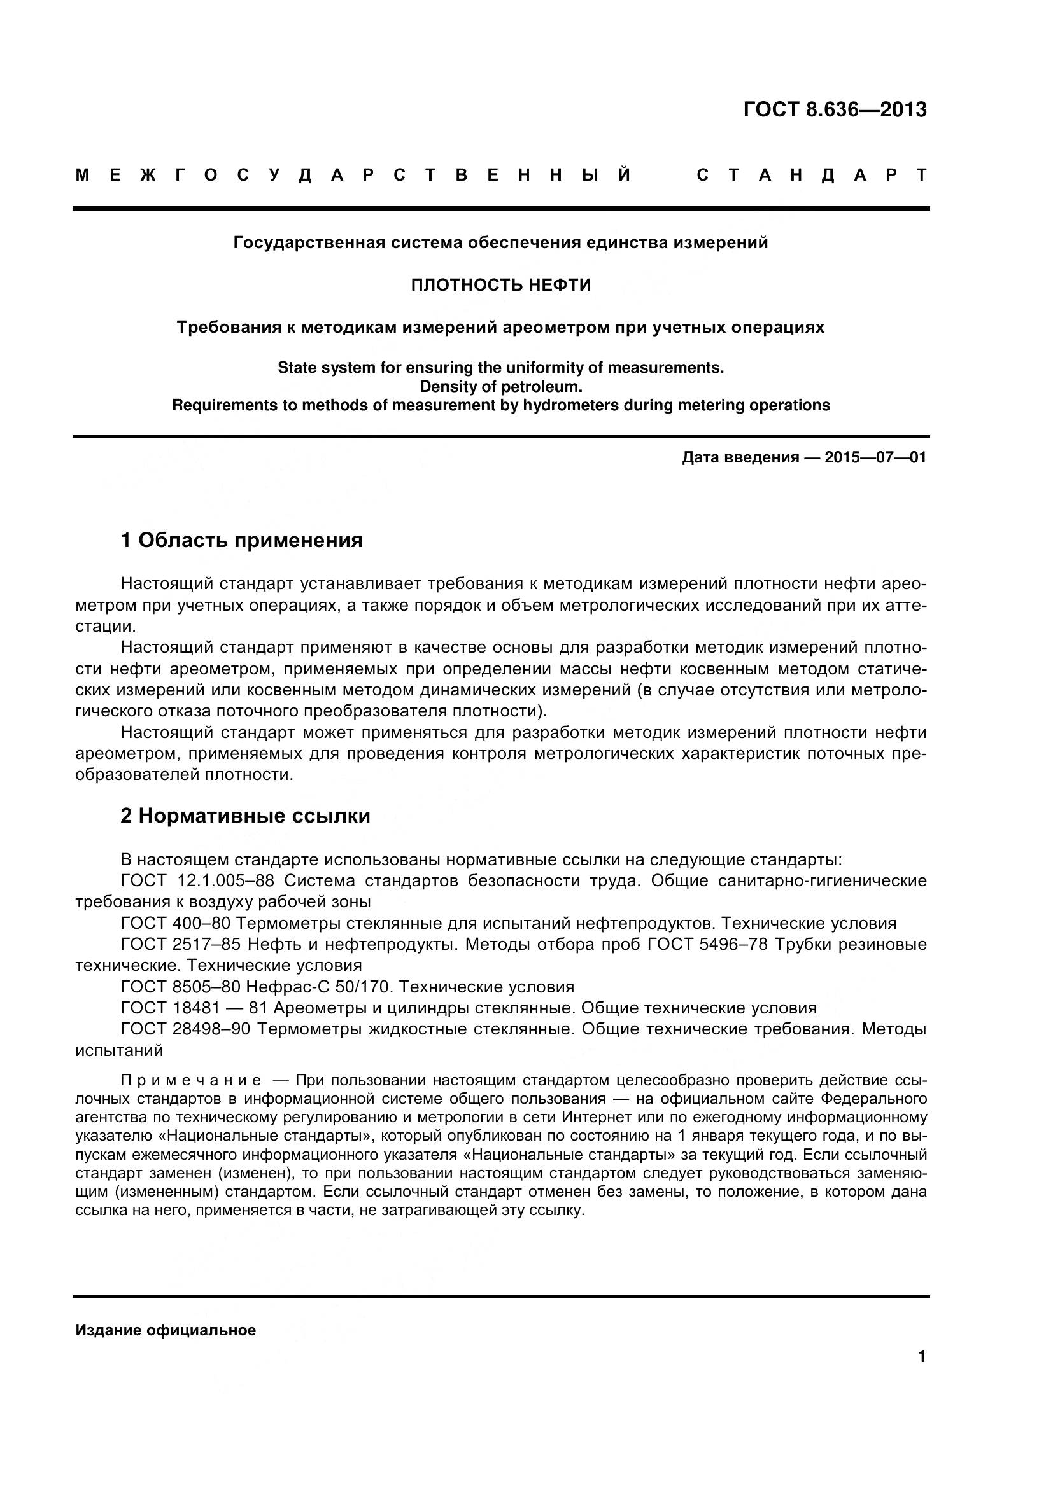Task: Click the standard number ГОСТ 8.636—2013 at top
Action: (835, 109)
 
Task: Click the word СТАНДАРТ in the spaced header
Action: (812, 176)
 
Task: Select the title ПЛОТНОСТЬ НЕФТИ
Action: (500, 285)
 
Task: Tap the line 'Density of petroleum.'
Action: (500, 387)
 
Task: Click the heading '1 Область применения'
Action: (241, 540)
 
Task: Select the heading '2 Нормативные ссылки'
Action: (245, 816)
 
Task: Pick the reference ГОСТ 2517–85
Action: (180, 944)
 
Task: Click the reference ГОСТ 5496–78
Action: (707, 944)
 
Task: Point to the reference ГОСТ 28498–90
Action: (185, 1029)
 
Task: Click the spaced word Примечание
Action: (191, 1080)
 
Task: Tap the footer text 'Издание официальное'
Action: (166, 1330)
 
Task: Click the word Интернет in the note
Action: (596, 1117)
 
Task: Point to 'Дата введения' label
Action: (740, 457)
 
